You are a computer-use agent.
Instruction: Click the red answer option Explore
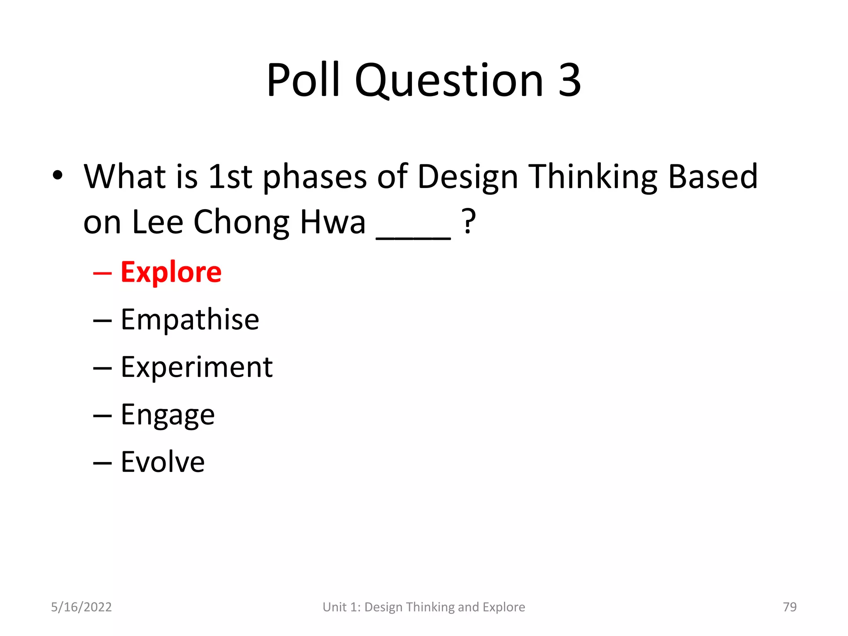171,272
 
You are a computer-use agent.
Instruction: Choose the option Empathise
190,320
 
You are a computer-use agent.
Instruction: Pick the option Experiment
197,367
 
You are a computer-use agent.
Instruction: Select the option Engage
168,415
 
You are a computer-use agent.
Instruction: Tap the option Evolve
163,462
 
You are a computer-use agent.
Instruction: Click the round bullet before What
58,176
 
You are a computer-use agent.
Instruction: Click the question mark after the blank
469,222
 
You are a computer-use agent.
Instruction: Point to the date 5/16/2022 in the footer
81,607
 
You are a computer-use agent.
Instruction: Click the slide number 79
790,607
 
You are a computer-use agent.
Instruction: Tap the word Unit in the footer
335,607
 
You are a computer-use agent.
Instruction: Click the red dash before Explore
102,274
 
